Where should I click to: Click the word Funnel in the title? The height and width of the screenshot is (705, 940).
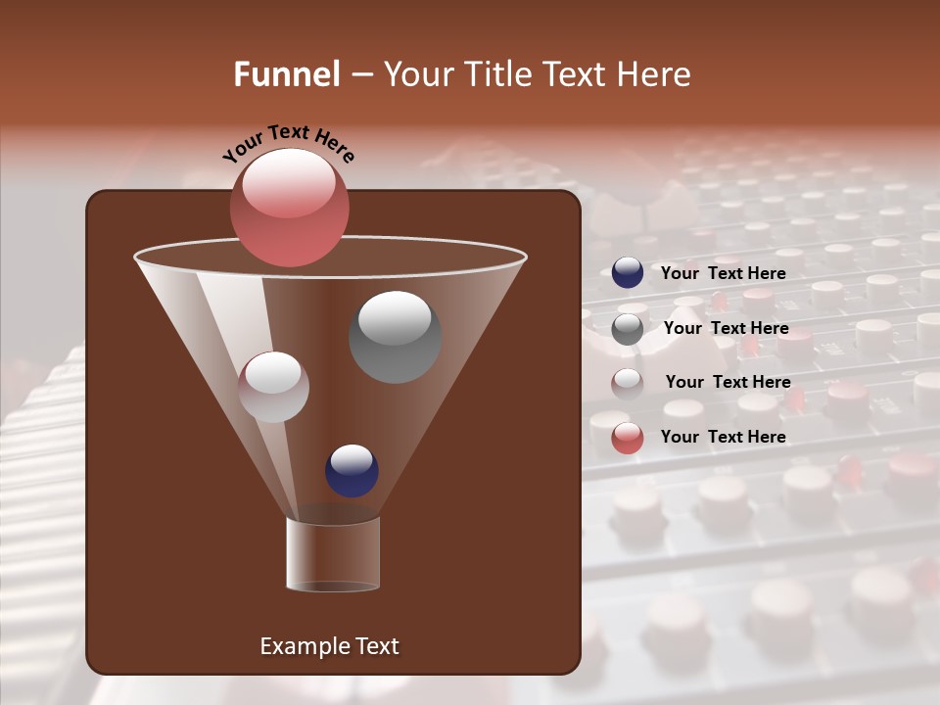tap(286, 74)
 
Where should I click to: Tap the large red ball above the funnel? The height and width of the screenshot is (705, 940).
tap(290, 208)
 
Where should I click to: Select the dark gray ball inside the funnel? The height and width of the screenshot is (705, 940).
tap(395, 337)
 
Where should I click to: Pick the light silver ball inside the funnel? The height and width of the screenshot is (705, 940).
tap(273, 387)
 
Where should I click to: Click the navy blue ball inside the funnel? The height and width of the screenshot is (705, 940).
tap(352, 470)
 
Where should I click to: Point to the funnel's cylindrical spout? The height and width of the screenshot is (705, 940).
tap(333, 554)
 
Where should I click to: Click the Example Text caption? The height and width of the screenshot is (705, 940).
tap(329, 646)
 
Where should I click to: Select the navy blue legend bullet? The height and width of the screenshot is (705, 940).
tap(628, 273)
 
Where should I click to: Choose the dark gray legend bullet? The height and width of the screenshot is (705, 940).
tap(628, 329)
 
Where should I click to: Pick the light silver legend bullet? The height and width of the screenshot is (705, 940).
tap(628, 383)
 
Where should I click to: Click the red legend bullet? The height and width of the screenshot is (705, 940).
tap(628, 438)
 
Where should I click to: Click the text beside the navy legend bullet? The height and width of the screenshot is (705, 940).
tap(723, 273)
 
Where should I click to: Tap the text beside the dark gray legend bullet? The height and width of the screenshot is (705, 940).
tap(726, 328)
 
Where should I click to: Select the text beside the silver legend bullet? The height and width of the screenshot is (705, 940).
tap(728, 382)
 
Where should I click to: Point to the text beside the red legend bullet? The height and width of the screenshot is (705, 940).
tap(723, 437)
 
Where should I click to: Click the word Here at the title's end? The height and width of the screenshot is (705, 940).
tap(653, 74)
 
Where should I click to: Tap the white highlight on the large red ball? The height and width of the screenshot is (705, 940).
tap(290, 183)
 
